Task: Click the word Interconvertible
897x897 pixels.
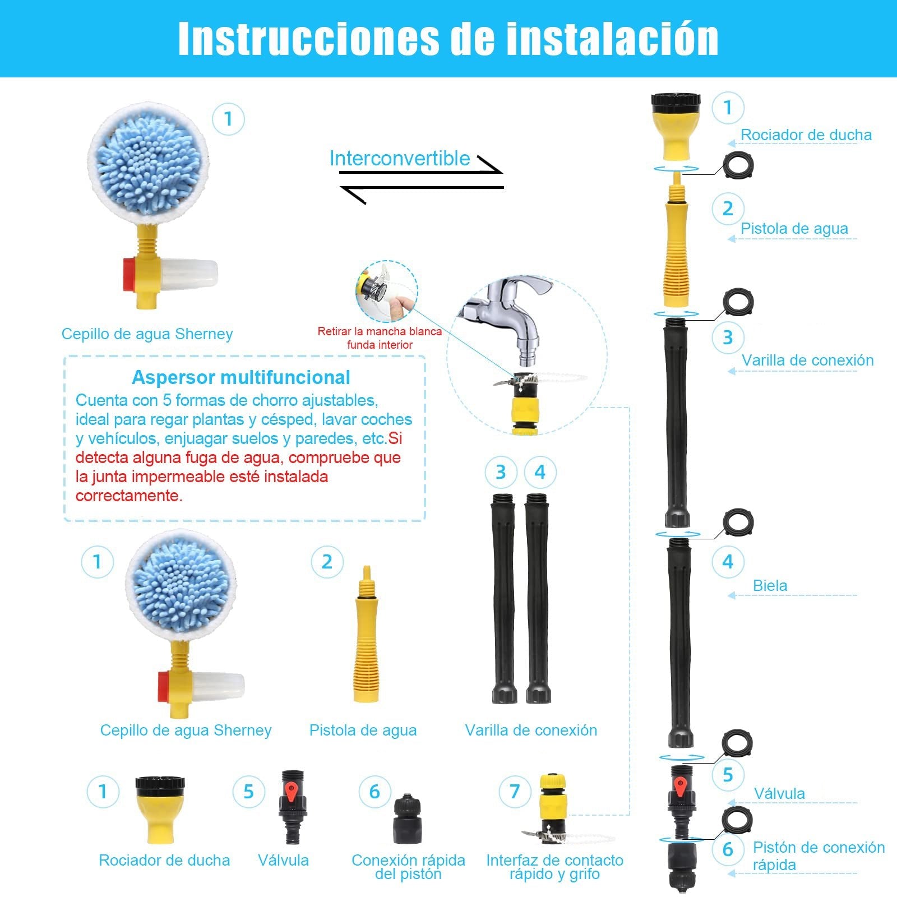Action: click(399, 159)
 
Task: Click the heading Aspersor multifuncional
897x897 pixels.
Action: click(241, 377)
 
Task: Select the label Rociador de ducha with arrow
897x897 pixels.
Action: click(806, 135)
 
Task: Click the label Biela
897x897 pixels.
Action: click(770, 586)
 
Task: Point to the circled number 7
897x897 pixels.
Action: click(514, 792)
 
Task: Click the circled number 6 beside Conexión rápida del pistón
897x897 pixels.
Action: click(374, 792)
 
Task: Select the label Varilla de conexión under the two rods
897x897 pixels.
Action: click(530, 730)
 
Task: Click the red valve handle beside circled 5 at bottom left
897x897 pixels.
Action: click(291, 792)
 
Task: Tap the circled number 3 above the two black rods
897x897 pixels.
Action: click(501, 472)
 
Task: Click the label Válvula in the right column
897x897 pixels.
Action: click(779, 794)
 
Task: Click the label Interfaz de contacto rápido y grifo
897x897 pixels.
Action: click(554, 867)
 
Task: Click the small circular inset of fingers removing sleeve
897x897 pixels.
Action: click(386, 291)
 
